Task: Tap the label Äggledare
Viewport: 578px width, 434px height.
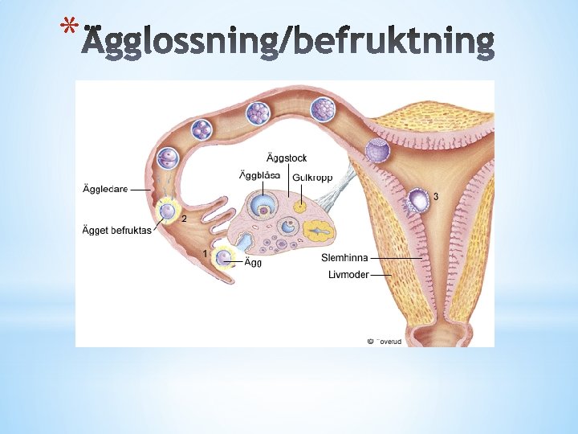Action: coord(105,190)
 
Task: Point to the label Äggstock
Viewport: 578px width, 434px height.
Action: coord(287,158)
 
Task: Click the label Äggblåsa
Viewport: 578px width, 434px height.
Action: coord(260,175)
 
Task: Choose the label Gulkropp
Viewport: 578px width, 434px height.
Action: coord(312,177)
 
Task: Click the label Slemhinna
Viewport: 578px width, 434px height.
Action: coord(344,258)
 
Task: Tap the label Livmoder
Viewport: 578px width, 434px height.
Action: coord(348,275)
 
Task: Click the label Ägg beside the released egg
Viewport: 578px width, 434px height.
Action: coord(253,262)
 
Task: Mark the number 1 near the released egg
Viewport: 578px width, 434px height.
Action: coord(206,254)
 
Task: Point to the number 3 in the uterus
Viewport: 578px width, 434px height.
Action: coord(436,196)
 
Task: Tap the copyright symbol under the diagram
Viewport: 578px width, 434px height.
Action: coord(370,341)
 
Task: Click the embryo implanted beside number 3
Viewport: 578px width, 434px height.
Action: coord(417,200)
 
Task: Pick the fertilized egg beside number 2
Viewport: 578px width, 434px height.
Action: coord(168,212)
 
